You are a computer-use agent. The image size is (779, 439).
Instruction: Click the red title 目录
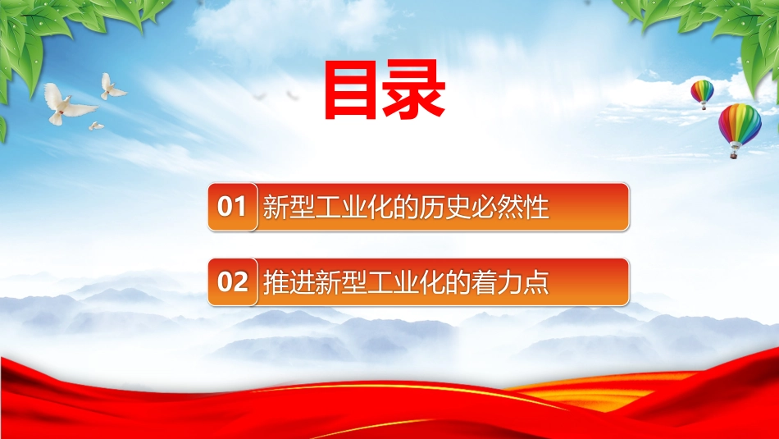[x=385, y=90]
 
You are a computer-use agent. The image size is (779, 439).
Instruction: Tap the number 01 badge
[x=233, y=207]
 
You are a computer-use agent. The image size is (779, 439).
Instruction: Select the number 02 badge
[x=233, y=282]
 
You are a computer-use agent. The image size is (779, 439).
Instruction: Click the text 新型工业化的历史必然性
[x=406, y=207]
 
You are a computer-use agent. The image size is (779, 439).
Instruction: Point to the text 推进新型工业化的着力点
[x=406, y=282]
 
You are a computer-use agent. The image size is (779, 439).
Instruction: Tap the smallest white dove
[x=96, y=126]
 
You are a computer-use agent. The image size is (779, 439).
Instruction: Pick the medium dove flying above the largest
[x=112, y=87]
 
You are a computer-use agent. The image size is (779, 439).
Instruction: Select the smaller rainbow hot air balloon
[x=702, y=94]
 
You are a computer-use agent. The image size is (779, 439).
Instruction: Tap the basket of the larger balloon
[x=733, y=155]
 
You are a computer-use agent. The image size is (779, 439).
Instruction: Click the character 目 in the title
[x=351, y=90]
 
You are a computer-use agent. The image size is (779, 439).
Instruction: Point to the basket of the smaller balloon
[x=703, y=107]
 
